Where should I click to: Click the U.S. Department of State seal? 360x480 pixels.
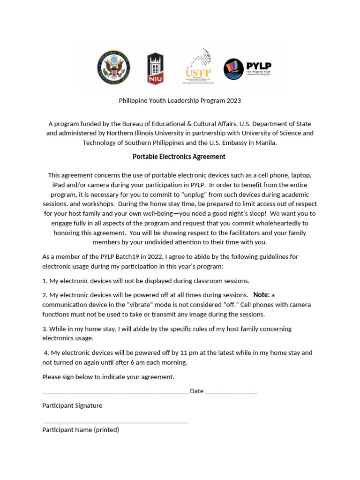[x=114, y=68]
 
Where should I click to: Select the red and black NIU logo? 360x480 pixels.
[x=156, y=68]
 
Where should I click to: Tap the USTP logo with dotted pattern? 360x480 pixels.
[x=198, y=66]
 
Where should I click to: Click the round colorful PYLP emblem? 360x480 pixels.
[x=233, y=69]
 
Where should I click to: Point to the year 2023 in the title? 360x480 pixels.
[x=233, y=100]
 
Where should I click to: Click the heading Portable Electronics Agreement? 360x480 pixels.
[x=179, y=157]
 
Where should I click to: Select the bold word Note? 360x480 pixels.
[x=261, y=295]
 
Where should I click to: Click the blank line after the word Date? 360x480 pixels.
[x=232, y=391]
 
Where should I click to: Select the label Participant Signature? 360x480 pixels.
[x=72, y=405]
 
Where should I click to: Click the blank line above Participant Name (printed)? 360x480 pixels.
[x=116, y=421]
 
